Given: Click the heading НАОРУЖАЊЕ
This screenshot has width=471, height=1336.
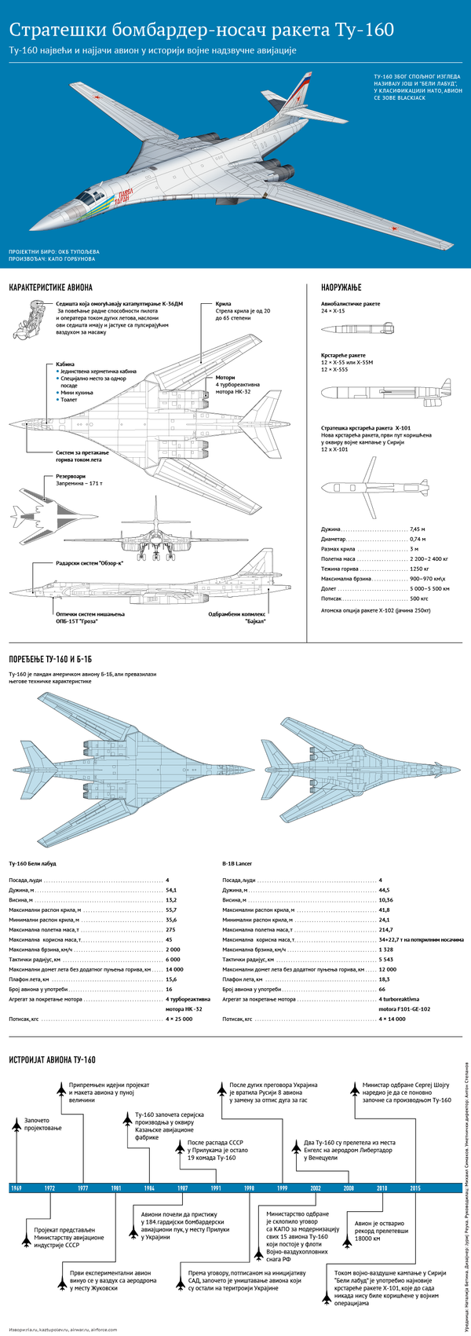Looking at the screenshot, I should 341,287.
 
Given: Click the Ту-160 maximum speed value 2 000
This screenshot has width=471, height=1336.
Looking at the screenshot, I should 173,950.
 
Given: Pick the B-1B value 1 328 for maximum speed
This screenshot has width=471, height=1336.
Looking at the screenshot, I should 386,950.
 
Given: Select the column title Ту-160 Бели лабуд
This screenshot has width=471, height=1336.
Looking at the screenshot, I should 32,862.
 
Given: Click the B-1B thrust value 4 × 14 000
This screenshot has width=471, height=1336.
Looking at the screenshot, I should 392,1019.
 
